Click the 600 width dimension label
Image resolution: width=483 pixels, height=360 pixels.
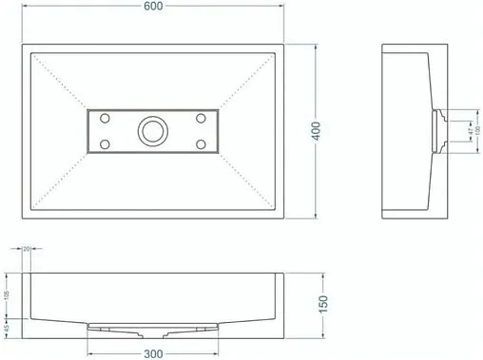pyautogui.click(x=153, y=8)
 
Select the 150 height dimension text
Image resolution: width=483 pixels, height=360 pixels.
pyautogui.click(x=325, y=304)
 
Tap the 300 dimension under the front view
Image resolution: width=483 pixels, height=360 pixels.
pyautogui.click(x=154, y=352)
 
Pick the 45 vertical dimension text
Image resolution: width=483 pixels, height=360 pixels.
pyautogui.click(x=8, y=328)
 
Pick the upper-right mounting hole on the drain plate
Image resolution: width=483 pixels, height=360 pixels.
pyautogui.click(x=201, y=118)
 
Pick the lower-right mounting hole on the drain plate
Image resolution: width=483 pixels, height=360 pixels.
pyautogui.click(x=201, y=143)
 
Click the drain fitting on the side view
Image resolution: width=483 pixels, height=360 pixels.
pyautogui.click(x=439, y=130)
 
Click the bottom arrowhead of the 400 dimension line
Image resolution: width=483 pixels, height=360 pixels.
pyautogui.click(x=316, y=215)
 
